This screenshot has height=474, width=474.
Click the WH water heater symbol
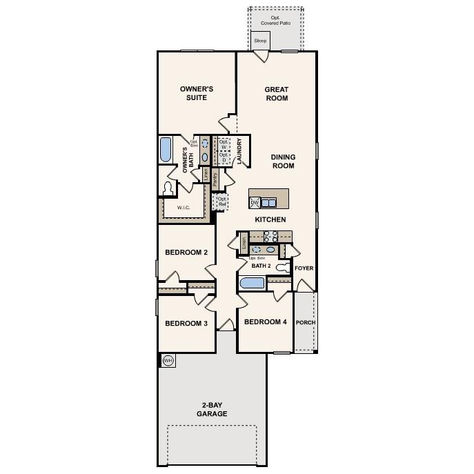point(168,360)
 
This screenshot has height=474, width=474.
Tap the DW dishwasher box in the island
point(254,202)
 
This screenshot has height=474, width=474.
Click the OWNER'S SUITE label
point(197,93)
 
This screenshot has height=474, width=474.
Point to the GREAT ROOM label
point(276,93)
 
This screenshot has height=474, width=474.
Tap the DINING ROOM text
point(283,161)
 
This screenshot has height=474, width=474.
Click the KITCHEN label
point(270,219)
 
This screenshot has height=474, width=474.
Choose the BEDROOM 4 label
point(265,322)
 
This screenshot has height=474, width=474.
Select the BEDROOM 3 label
point(186,324)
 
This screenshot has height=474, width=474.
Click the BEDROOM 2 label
point(186,253)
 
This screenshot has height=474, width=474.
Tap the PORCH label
point(305,322)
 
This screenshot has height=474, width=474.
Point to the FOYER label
point(304,268)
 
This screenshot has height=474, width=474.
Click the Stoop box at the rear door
point(260,41)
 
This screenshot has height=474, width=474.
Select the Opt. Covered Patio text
point(275,21)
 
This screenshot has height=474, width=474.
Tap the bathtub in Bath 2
point(250,283)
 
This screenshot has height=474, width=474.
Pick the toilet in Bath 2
point(282,267)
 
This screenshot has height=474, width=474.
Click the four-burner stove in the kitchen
point(270,237)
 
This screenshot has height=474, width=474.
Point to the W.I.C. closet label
point(184,207)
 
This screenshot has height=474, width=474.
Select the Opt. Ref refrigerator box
point(221,201)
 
